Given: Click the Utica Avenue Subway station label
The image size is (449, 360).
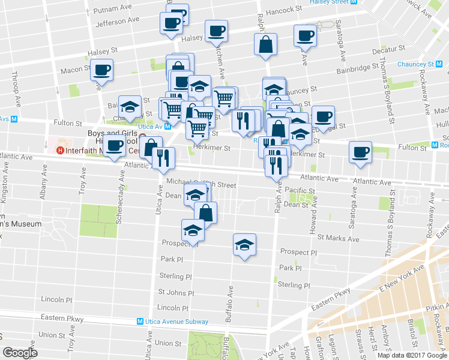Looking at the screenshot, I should [x=176, y=322].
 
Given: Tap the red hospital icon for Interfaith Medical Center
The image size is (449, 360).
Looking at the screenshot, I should [x=59, y=150].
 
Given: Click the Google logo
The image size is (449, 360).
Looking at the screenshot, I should [x=20, y=353].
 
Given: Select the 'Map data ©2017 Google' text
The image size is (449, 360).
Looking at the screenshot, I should [x=412, y=355].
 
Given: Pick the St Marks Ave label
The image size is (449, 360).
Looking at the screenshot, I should [x=339, y=239].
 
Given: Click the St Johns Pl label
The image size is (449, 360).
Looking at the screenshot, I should [x=176, y=293].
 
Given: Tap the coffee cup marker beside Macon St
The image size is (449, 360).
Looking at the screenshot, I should [x=102, y=70].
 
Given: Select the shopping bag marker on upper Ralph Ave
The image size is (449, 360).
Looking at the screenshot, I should [x=265, y=45].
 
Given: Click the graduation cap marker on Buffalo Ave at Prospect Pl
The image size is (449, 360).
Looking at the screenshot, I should [x=244, y=245].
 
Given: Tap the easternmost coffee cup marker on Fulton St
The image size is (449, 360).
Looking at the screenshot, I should [x=360, y=152].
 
